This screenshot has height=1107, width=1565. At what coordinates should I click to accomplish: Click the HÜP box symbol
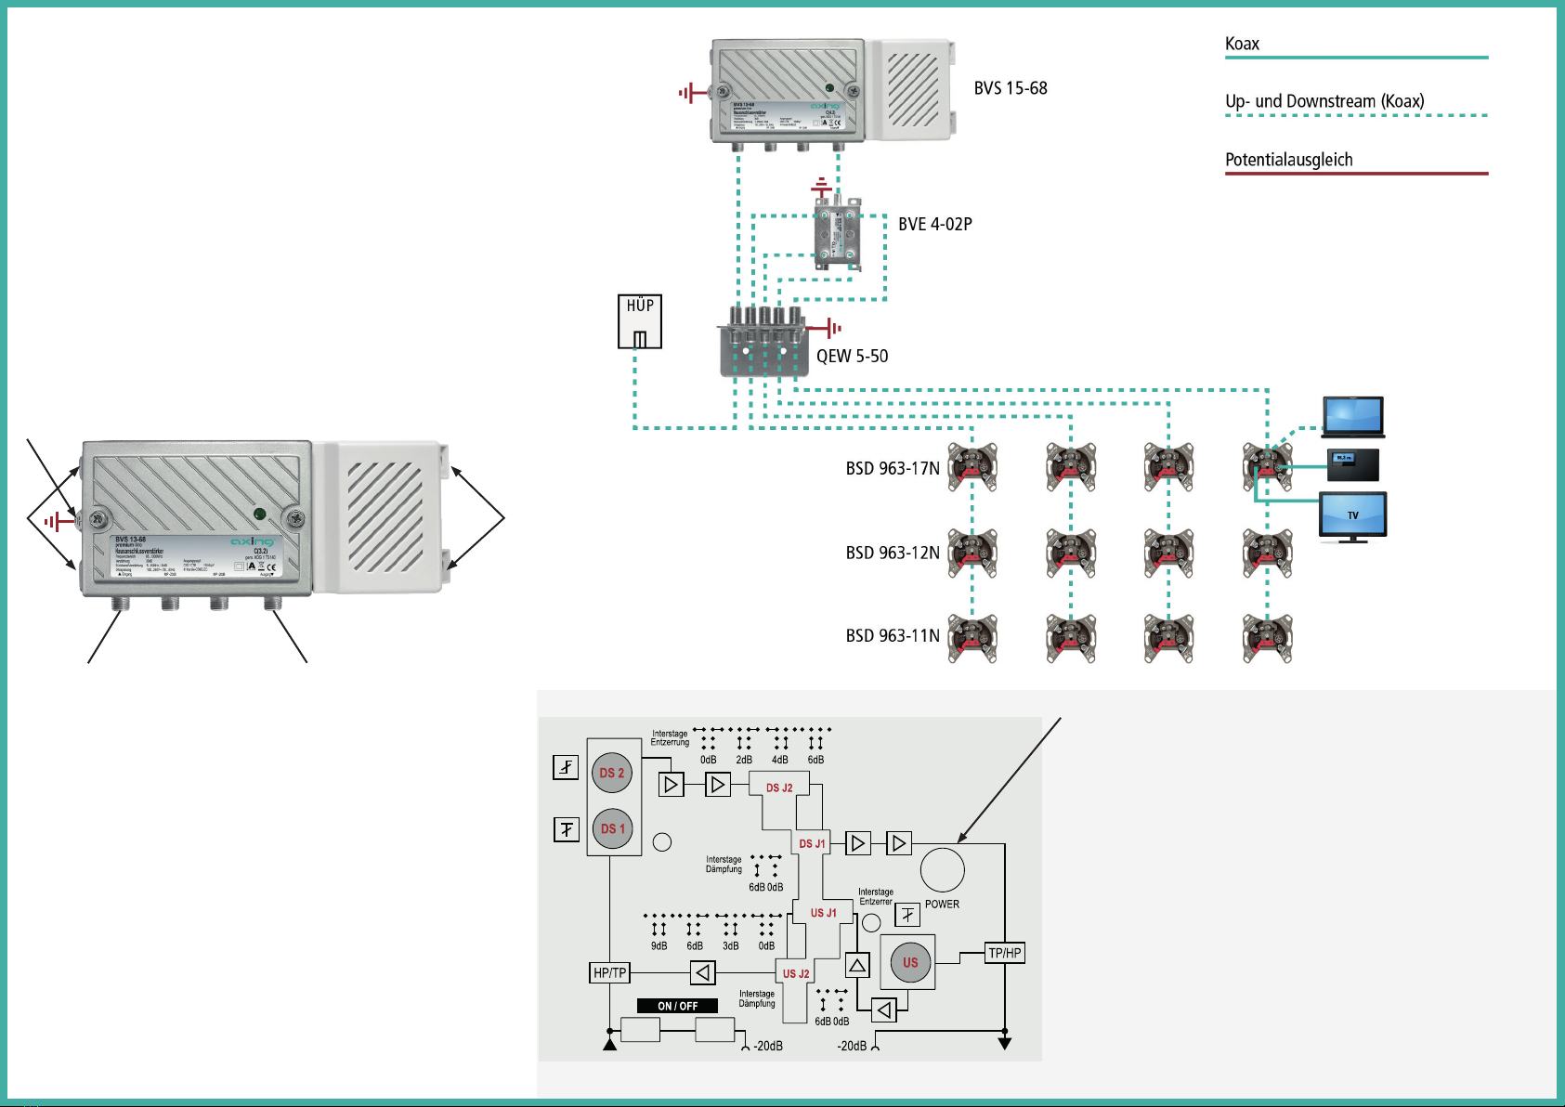pyautogui.click(x=640, y=321)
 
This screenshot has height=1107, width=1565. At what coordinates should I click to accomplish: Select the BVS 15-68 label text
pyautogui.click(x=1011, y=88)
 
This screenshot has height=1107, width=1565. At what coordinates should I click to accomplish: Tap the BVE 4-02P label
pyautogui.click(x=935, y=224)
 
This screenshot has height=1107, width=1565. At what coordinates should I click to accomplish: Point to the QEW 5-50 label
pyautogui.click(x=853, y=356)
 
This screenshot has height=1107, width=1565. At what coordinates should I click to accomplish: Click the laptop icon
pyautogui.click(x=1353, y=416)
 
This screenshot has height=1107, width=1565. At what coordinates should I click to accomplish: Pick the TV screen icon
pyautogui.click(x=1352, y=515)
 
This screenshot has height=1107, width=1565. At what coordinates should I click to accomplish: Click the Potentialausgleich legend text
pyautogui.click(x=1288, y=160)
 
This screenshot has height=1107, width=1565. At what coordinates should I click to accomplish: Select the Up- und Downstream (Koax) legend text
pyautogui.click(x=1324, y=101)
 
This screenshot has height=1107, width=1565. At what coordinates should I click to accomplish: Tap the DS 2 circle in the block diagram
pyautogui.click(x=612, y=773)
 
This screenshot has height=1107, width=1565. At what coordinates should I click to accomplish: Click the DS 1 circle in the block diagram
pyautogui.click(x=612, y=828)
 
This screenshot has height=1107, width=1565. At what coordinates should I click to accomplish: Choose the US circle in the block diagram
pyautogui.click(x=910, y=962)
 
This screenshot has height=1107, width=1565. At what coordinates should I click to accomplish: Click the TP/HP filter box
pyautogui.click(x=1005, y=953)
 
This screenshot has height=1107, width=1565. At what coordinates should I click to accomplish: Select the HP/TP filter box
pyautogui.click(x=610, y=972)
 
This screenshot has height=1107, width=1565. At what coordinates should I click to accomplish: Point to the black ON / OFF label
pyautogui.click(x=677, y=1006)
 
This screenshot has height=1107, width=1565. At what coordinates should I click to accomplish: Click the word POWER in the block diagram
pyautogui.click(x=942, y=904)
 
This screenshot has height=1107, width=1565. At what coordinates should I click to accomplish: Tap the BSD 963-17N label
pyautogui.click(x=893, y=468)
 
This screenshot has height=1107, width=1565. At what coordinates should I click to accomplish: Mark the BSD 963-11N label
pyautogui.click(x=893, y=636)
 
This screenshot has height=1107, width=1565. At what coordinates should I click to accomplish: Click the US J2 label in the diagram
pyautogui.click(x=796, y=973)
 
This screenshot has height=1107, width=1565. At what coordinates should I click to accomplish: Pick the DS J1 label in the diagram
pyautogui.click(x=812, y=843)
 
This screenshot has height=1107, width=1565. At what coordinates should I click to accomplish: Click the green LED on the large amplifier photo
pyautogui.click(x=260, y=514)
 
